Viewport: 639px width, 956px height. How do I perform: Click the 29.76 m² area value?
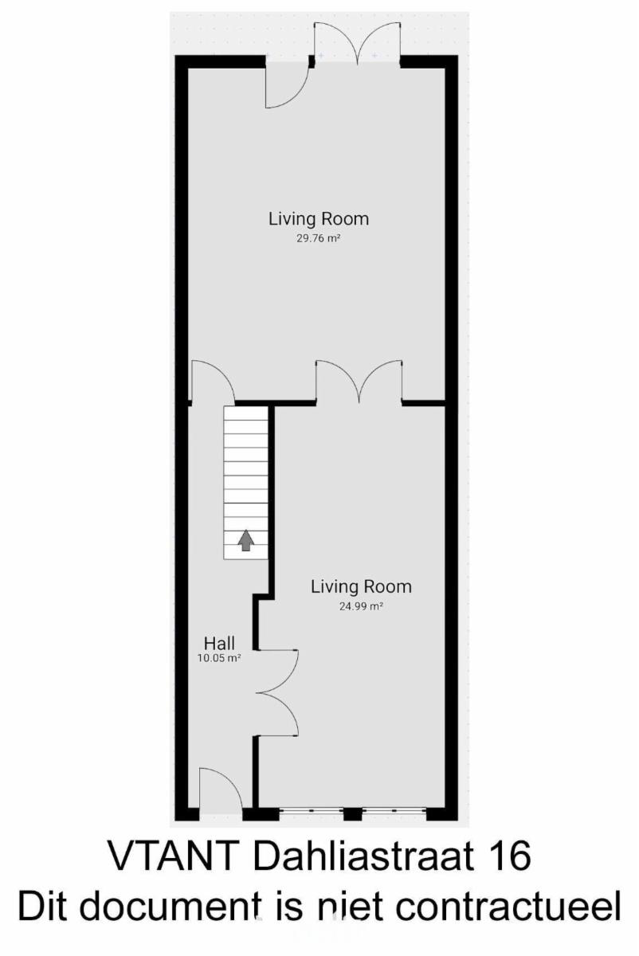tap(318, 238)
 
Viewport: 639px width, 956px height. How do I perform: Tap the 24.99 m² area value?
tap(361, 606)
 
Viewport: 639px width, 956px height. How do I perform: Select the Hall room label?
tap(219, 643)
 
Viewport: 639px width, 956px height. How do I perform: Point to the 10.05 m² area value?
tap(219, 658)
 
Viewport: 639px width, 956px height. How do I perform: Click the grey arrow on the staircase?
tap(246, 540)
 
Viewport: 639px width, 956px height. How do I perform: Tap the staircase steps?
tap(246, 483)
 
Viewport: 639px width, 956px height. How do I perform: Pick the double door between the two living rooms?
tap(359, 381)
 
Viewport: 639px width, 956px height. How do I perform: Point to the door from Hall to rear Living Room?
tap(213, 381)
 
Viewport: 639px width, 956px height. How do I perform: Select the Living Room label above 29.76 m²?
tap(319, 219)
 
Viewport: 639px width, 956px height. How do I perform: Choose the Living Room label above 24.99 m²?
tap(361, 587)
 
